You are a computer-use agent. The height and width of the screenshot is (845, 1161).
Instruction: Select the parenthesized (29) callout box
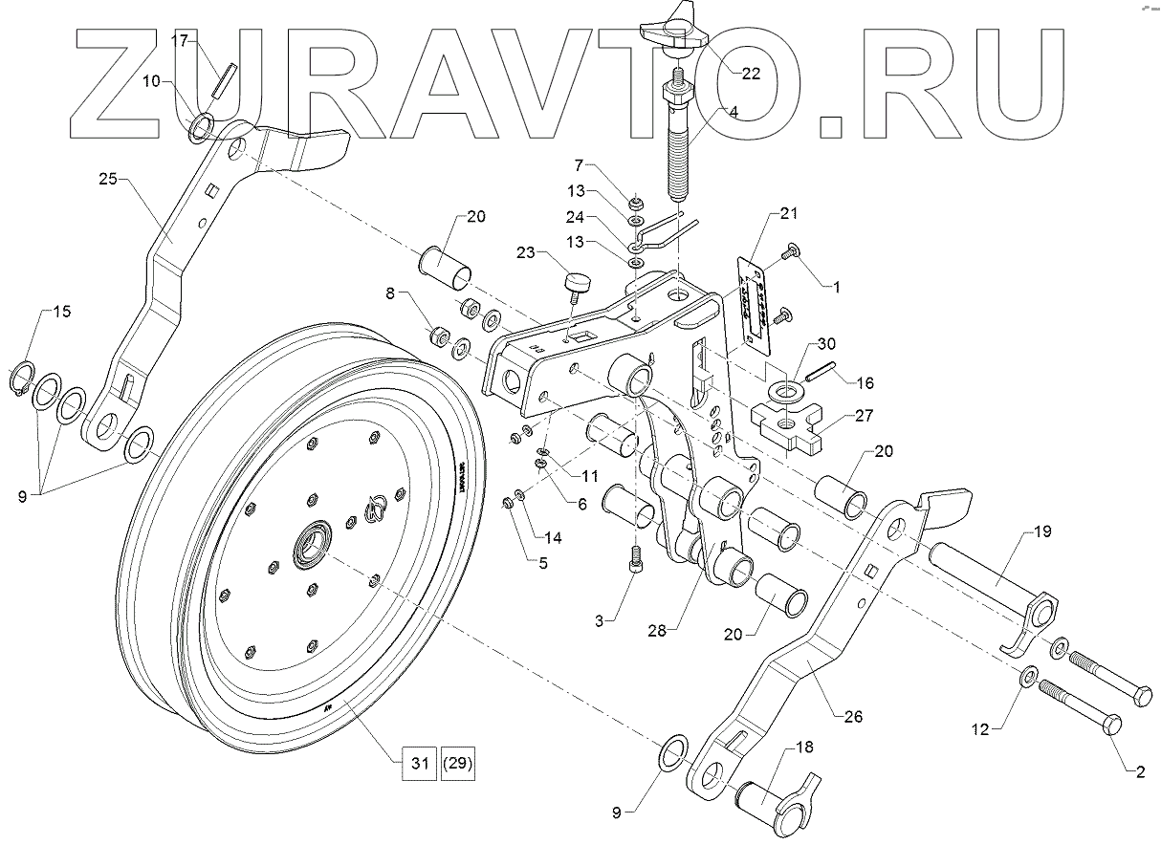click(458, 765)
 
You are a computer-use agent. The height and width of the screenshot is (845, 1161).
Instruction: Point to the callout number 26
click(854, 715)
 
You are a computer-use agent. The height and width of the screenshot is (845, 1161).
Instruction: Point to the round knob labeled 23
click(578, 283)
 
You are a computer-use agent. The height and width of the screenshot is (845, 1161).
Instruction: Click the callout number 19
click(1041, 531)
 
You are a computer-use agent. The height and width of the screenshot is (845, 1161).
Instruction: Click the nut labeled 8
click(441, 337)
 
